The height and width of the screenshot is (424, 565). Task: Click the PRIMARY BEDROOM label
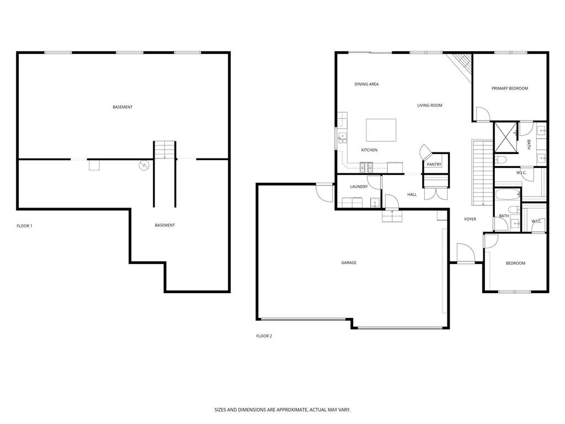click(x=510, y=88)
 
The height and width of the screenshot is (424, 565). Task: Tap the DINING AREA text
click(x=366, y=84)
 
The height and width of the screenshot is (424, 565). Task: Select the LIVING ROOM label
click(x=429, y=105)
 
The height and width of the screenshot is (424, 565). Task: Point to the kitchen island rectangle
click(x=381, y=131)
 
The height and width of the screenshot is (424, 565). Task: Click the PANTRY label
click(x=434, y=165)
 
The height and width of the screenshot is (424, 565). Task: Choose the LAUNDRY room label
click(x=359, y=187)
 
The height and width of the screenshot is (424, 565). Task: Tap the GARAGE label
click(x=349, y=263)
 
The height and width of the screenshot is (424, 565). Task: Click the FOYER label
click(x=470, y=219)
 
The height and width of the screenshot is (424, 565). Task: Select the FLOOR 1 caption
click(x=24, y=226)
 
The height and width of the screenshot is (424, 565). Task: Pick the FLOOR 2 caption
click(x=264, y=336)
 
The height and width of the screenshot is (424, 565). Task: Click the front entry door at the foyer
click(x=466, y=253)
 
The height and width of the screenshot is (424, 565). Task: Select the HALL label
click(x=412, y=194)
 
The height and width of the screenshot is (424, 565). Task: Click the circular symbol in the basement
click(x=144, y=165)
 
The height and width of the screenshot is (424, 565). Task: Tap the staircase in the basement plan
click(x=164, y=150)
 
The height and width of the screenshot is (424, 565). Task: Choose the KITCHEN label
click(x=369, y=150)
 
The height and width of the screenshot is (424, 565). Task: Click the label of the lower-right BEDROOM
click(x=515, y=263)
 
